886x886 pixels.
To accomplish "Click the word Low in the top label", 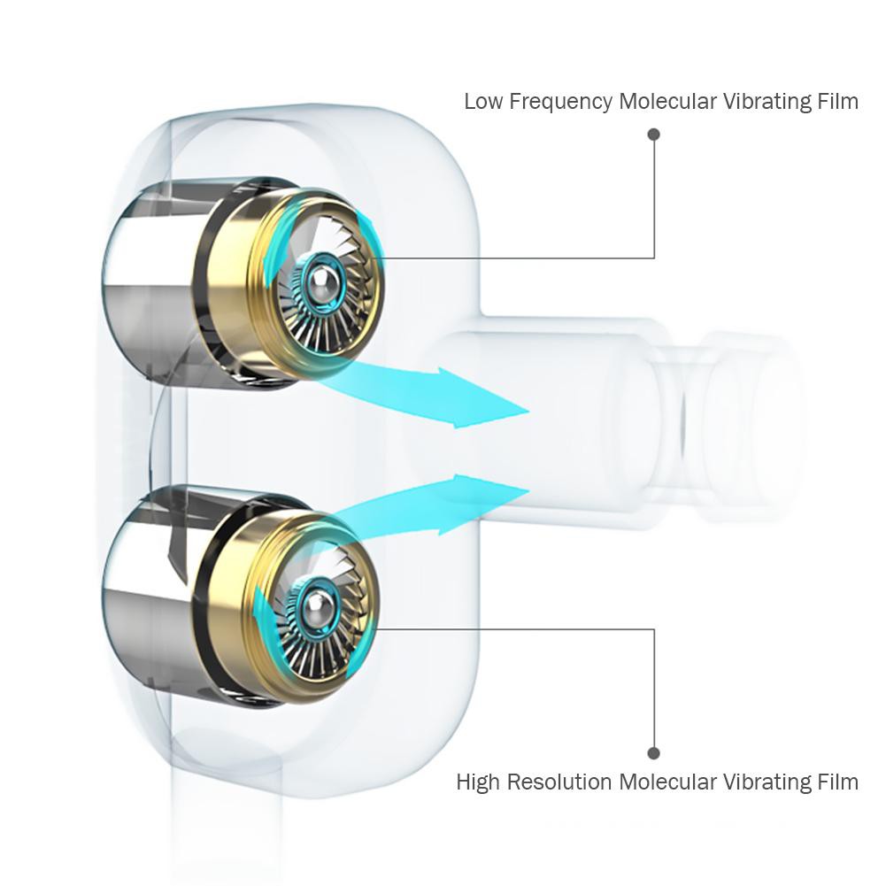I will pos(482,102).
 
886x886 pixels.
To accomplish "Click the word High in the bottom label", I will pos(477,782).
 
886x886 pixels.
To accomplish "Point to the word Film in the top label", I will pos(837,102).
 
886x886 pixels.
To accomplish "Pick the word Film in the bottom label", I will pos(837,782).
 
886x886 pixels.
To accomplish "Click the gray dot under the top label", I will pos(654,135).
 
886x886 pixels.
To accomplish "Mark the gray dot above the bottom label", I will pos(654,753).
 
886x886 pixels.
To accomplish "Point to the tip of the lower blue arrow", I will pos(528,489).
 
